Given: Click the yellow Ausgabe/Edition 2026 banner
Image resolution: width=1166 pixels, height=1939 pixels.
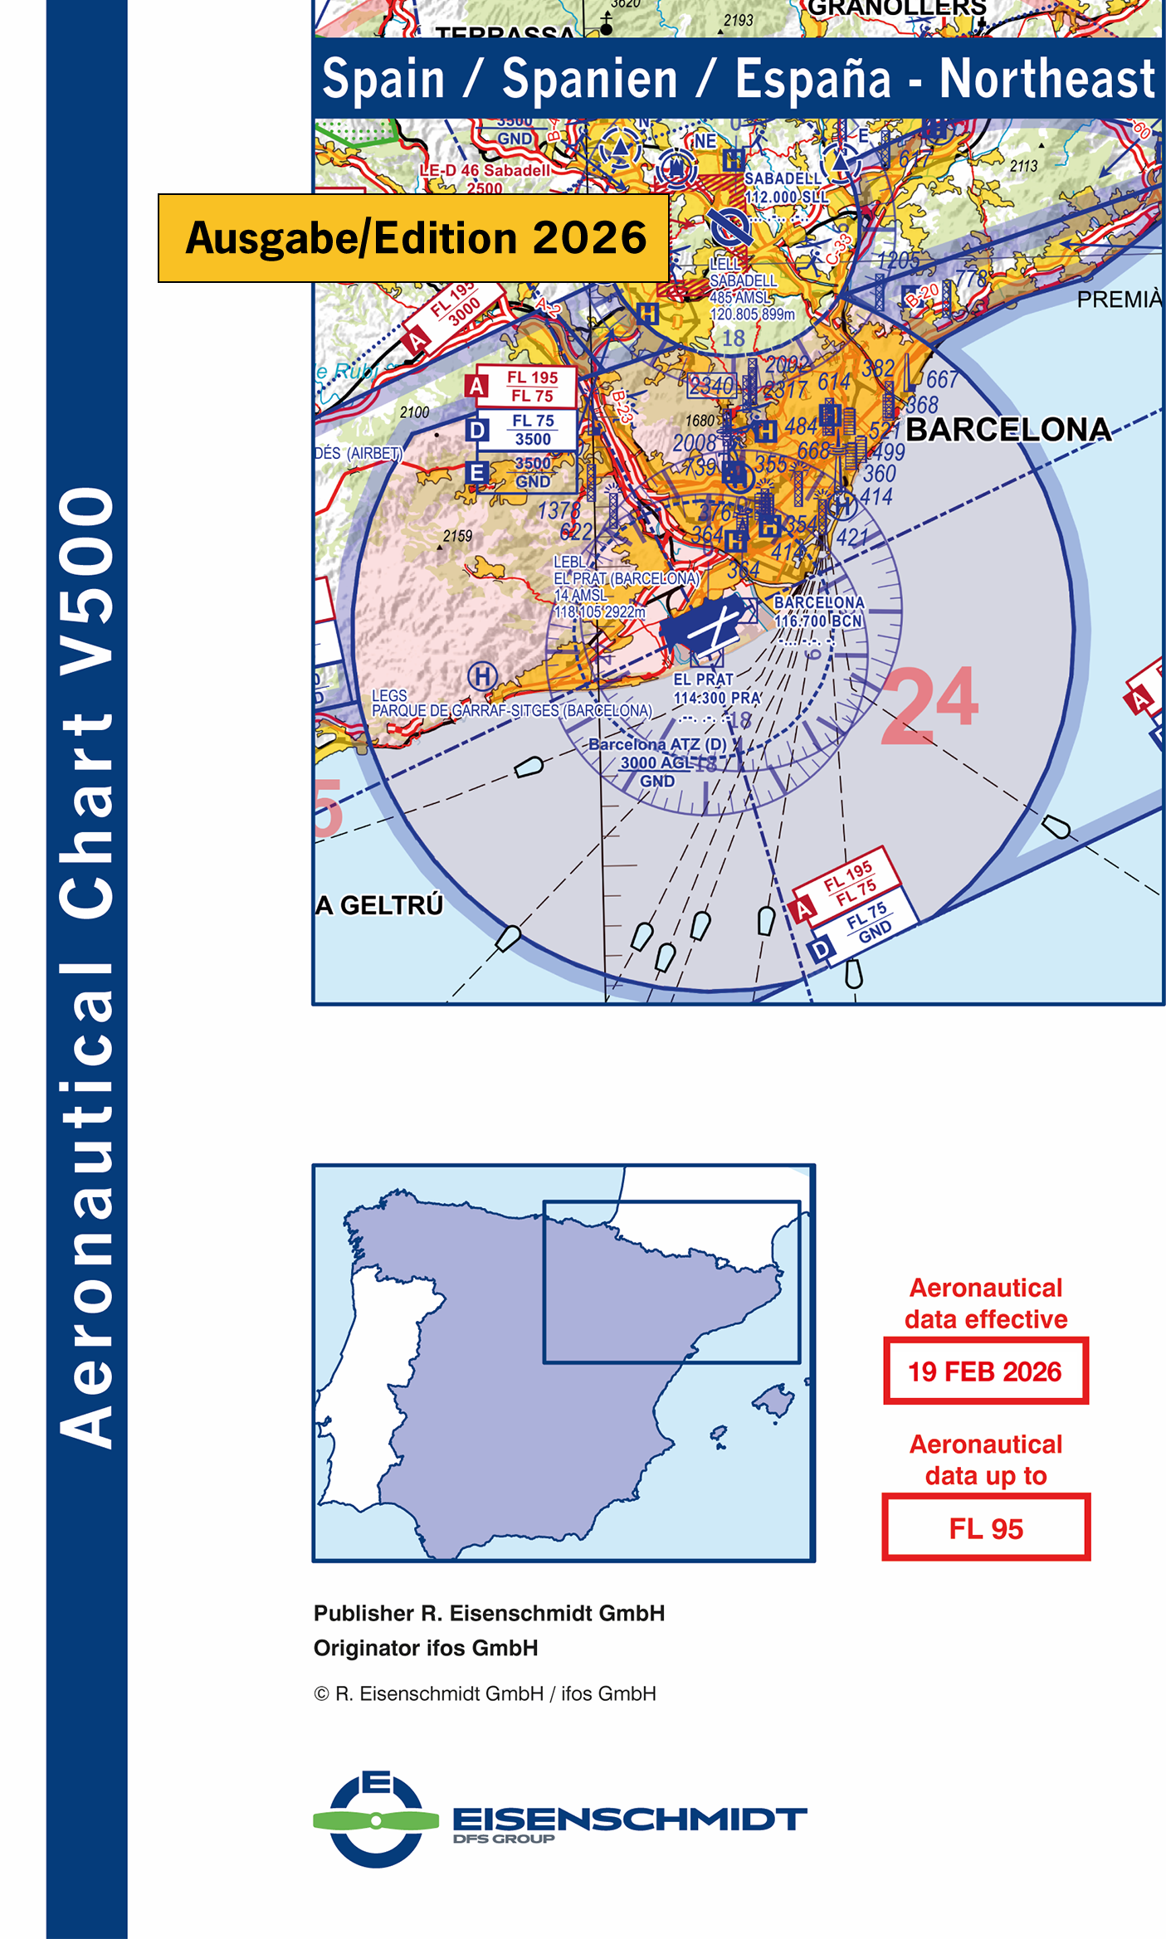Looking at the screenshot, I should (413, 238).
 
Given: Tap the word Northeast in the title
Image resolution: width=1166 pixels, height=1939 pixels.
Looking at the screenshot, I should (1046, 79).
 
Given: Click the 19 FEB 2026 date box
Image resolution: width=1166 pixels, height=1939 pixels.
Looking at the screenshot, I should (985, 1371).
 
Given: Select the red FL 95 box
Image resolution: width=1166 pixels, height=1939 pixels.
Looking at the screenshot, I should (985, 1528).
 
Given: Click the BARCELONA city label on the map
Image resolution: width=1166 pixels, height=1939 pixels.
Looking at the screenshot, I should (1007, 430).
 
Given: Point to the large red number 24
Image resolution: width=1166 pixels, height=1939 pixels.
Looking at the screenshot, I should (929, 705).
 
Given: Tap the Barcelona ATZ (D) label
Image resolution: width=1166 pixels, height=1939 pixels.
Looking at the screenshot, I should (657, 745).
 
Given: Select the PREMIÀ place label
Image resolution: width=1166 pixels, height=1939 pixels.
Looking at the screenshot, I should (1119, 300).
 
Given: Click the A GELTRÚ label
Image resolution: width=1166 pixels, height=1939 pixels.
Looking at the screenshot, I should (379, 905).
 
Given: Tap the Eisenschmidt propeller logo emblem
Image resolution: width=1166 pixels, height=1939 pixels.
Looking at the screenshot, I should (376, 1820).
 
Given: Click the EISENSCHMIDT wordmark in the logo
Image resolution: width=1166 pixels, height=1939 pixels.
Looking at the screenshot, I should (629, 1820).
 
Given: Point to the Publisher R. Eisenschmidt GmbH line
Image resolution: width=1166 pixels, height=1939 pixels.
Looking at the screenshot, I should (489, 1614).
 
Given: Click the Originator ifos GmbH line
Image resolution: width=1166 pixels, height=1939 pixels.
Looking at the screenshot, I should (426, 1649).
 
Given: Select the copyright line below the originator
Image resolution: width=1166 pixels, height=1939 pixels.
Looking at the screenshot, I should (485, 1694).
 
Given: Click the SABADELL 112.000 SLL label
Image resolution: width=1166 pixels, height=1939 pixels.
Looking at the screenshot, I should (785, 188).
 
